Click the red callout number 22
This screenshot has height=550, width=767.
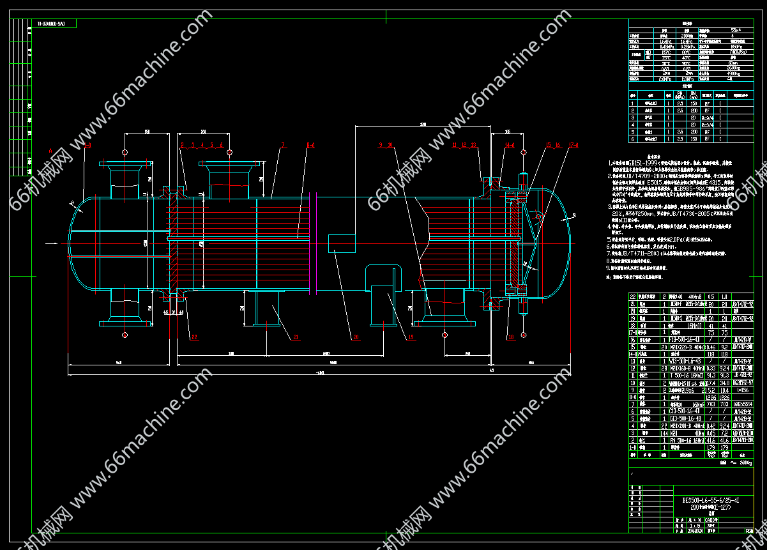coord(194,337)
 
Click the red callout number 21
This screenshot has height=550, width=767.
coord(296,337)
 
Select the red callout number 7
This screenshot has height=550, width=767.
coord(281,145)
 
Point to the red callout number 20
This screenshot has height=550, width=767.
coord(356,337)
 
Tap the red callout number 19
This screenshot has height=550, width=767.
coord(411,337)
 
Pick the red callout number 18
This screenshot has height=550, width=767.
coord(510,337)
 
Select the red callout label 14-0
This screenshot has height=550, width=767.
coord(509,145)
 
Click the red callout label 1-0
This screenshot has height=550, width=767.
coord(88,145)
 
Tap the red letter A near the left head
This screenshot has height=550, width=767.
coord(50,149)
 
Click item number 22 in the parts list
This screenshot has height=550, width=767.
coord(633,297)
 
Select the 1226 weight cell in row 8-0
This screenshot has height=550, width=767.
coord(706,397)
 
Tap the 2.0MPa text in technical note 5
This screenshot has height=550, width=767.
coord(687,238)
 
